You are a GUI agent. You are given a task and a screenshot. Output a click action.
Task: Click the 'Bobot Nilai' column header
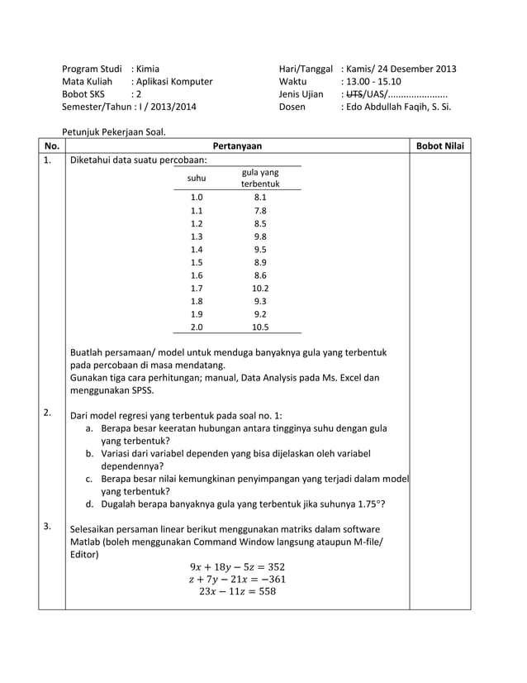click(x=439, y=146)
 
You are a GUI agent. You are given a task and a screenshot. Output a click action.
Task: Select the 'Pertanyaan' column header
click(x=237, y=146)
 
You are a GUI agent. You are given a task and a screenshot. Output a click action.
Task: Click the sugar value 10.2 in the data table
click(x=260, y=289)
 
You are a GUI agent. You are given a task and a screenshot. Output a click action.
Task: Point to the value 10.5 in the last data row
click(x=260, y=327)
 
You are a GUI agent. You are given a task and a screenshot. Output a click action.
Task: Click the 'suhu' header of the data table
click(x=197, y=178)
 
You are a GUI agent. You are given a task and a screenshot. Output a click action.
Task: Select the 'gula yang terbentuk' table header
click(x=260, y=178)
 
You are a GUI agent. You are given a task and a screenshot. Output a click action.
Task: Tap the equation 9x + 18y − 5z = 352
click(x=237, y=566)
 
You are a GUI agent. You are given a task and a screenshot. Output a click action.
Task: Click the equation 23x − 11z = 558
click(x=237, y=591)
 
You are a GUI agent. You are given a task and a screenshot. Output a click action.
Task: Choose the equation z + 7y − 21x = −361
click(x=237, y=579)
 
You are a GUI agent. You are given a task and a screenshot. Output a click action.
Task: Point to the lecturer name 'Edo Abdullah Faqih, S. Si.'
click(x=397, y=107)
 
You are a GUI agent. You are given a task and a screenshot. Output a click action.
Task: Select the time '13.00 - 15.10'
click(x=373, y=82)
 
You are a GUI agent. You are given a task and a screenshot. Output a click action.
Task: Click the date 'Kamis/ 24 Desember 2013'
click(x=401, y=69)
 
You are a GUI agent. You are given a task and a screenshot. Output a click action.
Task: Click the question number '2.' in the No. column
click(x=49, y=412)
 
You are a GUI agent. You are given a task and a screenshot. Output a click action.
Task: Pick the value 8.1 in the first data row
click(x=260, y=198)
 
